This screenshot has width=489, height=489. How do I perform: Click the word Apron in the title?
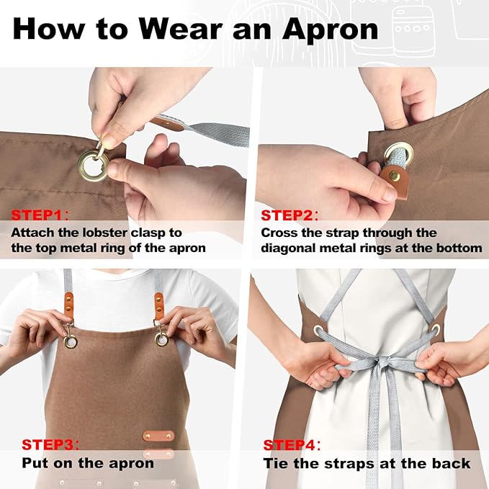(330, 29)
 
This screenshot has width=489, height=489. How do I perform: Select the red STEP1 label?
(37, 215)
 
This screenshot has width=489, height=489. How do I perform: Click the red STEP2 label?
(287, 215)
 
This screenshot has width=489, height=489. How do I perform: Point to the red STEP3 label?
(48, 444)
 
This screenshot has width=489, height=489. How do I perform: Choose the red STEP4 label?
(290, 445)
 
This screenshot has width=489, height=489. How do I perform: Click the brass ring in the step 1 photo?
(93, 166)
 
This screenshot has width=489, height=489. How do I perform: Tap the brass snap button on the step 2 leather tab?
(395, 176)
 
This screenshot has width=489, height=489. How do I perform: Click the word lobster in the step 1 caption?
(105, 233)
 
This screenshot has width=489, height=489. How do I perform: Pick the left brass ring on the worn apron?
(71, 341)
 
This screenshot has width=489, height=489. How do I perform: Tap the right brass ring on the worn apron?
(161, 339)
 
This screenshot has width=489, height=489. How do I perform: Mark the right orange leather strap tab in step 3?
(158, 306)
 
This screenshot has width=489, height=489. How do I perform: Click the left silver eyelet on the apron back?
(319, 330)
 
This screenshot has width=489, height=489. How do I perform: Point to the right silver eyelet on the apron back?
(436, 329)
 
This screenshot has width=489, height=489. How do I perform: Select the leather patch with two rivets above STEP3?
(158, 436)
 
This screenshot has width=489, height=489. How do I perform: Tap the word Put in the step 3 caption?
(35, 463)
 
